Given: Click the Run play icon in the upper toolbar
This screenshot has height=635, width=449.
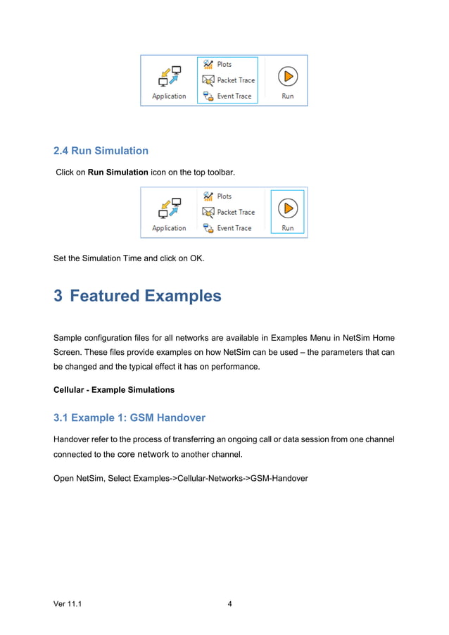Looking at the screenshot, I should pos(287,76).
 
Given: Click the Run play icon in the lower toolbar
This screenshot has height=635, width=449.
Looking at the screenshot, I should pos(287,208).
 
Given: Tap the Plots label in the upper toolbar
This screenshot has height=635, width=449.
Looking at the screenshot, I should pos(224,64).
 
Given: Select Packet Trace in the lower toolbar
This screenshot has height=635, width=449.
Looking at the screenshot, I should pos(236,212).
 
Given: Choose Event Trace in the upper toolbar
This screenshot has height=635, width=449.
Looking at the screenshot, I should pos(234,96).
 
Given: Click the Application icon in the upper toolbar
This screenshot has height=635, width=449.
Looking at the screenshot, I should pos(169,77).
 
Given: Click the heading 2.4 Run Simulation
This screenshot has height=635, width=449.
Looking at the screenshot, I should pos(101,151).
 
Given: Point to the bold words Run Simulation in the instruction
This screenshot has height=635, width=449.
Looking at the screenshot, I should pos(118,172).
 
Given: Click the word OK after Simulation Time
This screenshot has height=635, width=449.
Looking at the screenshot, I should pos(196,258).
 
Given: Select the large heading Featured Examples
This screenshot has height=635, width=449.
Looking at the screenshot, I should pos(146,296).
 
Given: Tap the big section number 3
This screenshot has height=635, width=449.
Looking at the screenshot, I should pos(58,296).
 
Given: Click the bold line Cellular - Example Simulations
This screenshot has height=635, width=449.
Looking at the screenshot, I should pos(114,389).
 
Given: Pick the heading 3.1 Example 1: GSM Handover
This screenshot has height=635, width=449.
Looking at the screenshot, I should pos(129,417).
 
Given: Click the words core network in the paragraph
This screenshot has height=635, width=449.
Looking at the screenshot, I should pos(143,454).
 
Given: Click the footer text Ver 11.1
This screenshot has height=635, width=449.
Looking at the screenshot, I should pos(68,603).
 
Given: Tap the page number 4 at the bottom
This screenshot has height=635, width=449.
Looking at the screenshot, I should pos(230,603).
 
